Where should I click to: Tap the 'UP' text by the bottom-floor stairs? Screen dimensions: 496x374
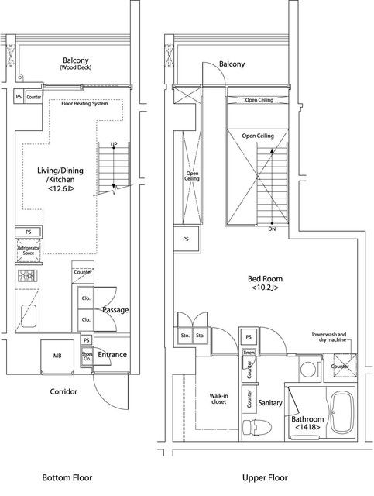(x=114, y=145)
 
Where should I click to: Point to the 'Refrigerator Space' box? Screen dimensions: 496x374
(x=28, y=250)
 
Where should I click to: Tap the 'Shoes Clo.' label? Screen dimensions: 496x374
(x=87, y=356)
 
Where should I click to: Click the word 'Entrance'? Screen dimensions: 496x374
(x=113, y=355)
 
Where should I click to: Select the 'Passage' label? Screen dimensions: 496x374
(x=115, y=310)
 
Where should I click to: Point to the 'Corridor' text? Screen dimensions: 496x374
(x=63, y=391)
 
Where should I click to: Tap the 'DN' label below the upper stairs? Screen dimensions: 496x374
(x=271, y=229)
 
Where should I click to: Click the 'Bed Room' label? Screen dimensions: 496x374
(x=264, y=283)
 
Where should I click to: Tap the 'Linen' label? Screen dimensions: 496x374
(x=249, y=353)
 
